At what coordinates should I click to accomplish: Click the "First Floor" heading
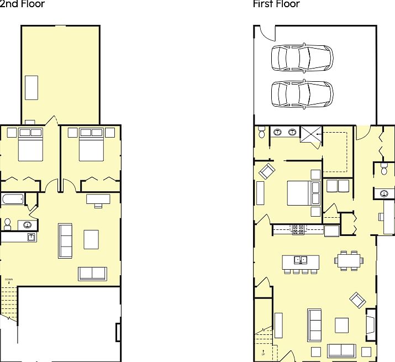(x=276, y=4)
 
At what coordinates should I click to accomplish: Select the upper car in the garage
(x=302, y=57)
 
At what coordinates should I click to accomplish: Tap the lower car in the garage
(x=302, y=93)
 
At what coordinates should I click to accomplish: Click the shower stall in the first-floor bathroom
(x=310, y=134)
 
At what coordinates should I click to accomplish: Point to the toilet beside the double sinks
(x=262, y=133)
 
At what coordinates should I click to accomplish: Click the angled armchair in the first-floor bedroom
(x=266, y=171)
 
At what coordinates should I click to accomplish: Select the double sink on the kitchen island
(x=301, y=259)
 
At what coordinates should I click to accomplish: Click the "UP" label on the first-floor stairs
(x=263, y=351)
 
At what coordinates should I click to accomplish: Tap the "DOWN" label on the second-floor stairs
(x=9, y=280)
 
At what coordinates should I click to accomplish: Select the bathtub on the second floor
(x=12, y=199)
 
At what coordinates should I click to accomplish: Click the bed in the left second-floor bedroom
(x=30, y=145)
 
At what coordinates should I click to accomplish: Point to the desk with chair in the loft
(x=98, y=200)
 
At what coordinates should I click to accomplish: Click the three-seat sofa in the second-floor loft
(x=65, y=240)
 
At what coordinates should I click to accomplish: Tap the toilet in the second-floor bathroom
(x=8, y=224)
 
